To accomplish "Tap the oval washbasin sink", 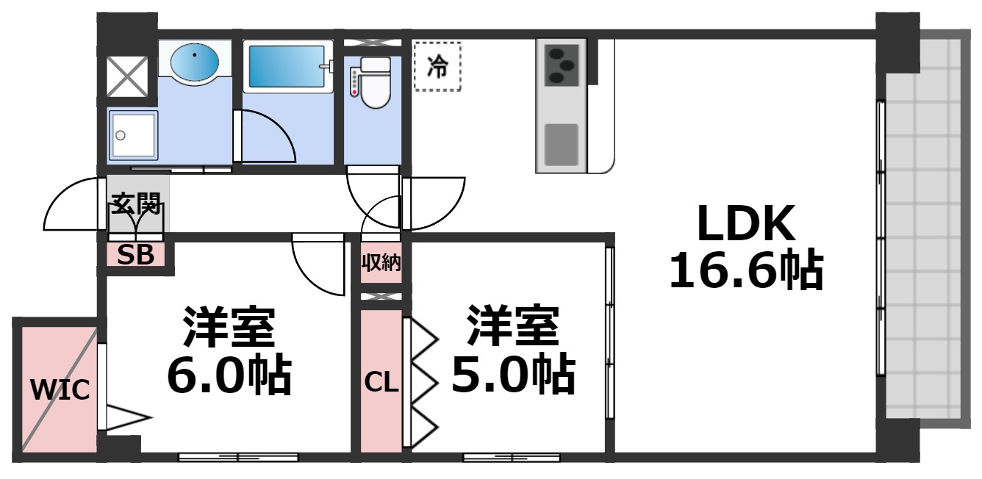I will point(195,61).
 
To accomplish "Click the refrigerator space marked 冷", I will point(437,67).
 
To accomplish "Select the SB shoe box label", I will point(136,256).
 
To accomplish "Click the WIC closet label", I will point(60,389).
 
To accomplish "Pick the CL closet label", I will point(381,382).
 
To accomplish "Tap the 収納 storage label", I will point(381,262).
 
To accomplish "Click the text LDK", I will point(746,224).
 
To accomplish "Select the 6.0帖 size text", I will point(229,375).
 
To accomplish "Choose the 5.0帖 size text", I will point(512,375).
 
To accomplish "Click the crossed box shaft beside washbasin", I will point(128,76).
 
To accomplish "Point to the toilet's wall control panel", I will point(354,82).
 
